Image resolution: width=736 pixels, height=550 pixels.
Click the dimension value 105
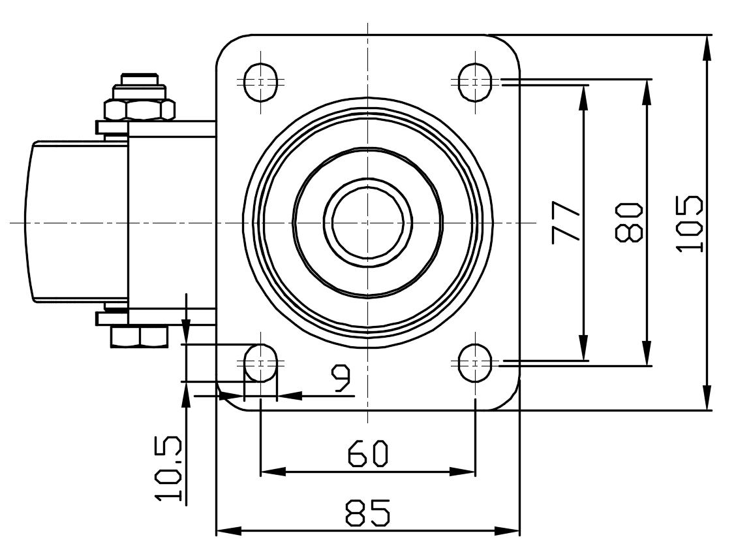[690, 224]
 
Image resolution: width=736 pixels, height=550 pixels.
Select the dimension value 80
[628, 222]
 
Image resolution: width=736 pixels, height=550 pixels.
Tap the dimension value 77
[566, 222]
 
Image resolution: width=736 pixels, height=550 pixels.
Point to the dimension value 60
[368, 453]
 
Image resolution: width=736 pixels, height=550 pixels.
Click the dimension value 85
[368, 512]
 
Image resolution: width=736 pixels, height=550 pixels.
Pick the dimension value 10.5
[168, 468]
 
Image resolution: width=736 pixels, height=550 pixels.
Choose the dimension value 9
[341, 379]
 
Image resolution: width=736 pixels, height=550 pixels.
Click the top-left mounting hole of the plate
[260, 82]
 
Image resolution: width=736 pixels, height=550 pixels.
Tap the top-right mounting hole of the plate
[475, 82]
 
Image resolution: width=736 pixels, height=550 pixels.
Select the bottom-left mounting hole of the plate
[260, 363]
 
